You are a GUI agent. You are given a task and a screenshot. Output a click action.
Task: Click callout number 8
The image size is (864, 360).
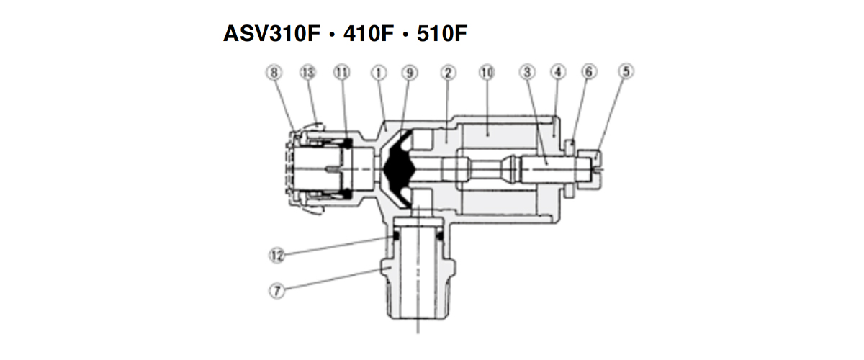pyautogui.click(x=274, y=73)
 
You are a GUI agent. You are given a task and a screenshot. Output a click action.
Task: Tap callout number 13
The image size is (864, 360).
pyautogui.click(x=308, y=73)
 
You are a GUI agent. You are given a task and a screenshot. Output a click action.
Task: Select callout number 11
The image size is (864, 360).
pyautogui.click(x=342, y=73)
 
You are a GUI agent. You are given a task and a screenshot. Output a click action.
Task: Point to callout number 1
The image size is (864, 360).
pyautogui.click(x=379, y=73)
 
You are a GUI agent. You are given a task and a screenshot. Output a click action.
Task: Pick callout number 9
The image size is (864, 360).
pyautogui.click(x=410, y=73)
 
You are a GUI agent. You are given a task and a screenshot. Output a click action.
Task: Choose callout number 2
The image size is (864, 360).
pyautogui.click(x=448, y=73)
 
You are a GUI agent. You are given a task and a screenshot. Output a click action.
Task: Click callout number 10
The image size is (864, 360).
pyautogui.click(x=487, y=73)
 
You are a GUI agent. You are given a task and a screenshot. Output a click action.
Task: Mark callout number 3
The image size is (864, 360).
pyautogui.click(x=527, y=72)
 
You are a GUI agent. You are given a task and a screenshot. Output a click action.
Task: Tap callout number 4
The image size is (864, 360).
pyautogui.click(x=558, y=72)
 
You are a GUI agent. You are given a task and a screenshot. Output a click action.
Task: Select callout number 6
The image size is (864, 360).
pyautogui.click(x=589, y=72)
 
